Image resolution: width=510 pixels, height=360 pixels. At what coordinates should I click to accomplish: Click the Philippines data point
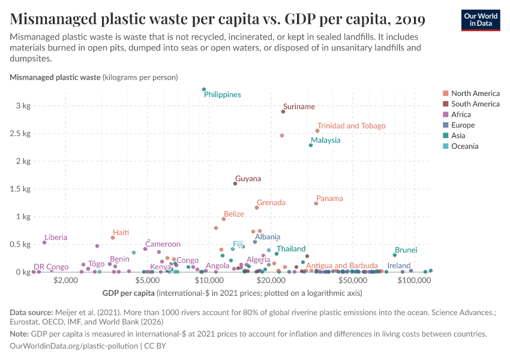(x=204, y=89)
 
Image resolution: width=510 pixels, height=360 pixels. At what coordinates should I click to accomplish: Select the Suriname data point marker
(x=283, y=112)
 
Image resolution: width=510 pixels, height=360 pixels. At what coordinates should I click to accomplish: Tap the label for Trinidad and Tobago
(x=351, y=126)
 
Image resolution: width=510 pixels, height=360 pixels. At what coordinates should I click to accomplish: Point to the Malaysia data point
(x=311, y=145)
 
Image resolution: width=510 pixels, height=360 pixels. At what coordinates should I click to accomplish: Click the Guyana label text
(x=248, y=179)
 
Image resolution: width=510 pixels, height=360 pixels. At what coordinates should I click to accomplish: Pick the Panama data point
(x=316, y=203)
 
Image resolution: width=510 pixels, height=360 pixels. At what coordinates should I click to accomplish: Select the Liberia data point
(x=44, y=242)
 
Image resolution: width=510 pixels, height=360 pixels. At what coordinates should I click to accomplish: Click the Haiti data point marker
(x=113, y=238)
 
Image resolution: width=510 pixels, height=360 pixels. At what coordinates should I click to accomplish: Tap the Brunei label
(x=406, y=250)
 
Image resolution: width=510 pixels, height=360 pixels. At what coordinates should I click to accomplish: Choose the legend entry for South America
(x=475, y=104)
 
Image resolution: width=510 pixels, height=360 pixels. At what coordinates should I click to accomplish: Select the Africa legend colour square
(x=445, y=115)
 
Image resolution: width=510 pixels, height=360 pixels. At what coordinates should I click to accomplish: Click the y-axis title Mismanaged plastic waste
(x=55, y=77)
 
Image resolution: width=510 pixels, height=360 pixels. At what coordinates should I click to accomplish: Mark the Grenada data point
(x=257, y=208)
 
